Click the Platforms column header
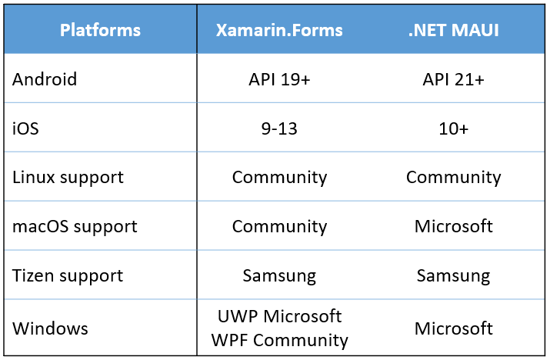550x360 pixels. [x=100, y=30]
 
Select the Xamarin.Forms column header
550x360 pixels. [x=279, y=30]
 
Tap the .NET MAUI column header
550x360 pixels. [x=454, y=30]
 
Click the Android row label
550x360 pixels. [x=45, y=79]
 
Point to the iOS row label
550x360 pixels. [x=25, y=128]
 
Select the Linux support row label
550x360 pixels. [x=68, y=178]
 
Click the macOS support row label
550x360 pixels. [x=75, y=227]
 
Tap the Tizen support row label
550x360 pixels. [x=68, y=276]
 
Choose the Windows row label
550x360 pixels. [x=50, y=328]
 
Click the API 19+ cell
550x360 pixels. [x=279, y=79]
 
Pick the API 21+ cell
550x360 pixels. [x=454, y=79]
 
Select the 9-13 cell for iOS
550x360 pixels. [x=279, y=128]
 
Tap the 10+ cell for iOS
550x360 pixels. [x=454, y=128]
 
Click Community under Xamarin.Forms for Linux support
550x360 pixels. [x=279, y=178]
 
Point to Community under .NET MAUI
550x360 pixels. [x=454, y=178]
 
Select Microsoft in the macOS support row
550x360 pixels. [x=454, y=226]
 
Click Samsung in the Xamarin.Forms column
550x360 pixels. [x=279, y=276]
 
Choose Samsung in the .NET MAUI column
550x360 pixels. [x=454, y=276]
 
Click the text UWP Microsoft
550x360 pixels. [x=279, y=316]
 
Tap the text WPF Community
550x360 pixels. [x=279, y=340]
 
